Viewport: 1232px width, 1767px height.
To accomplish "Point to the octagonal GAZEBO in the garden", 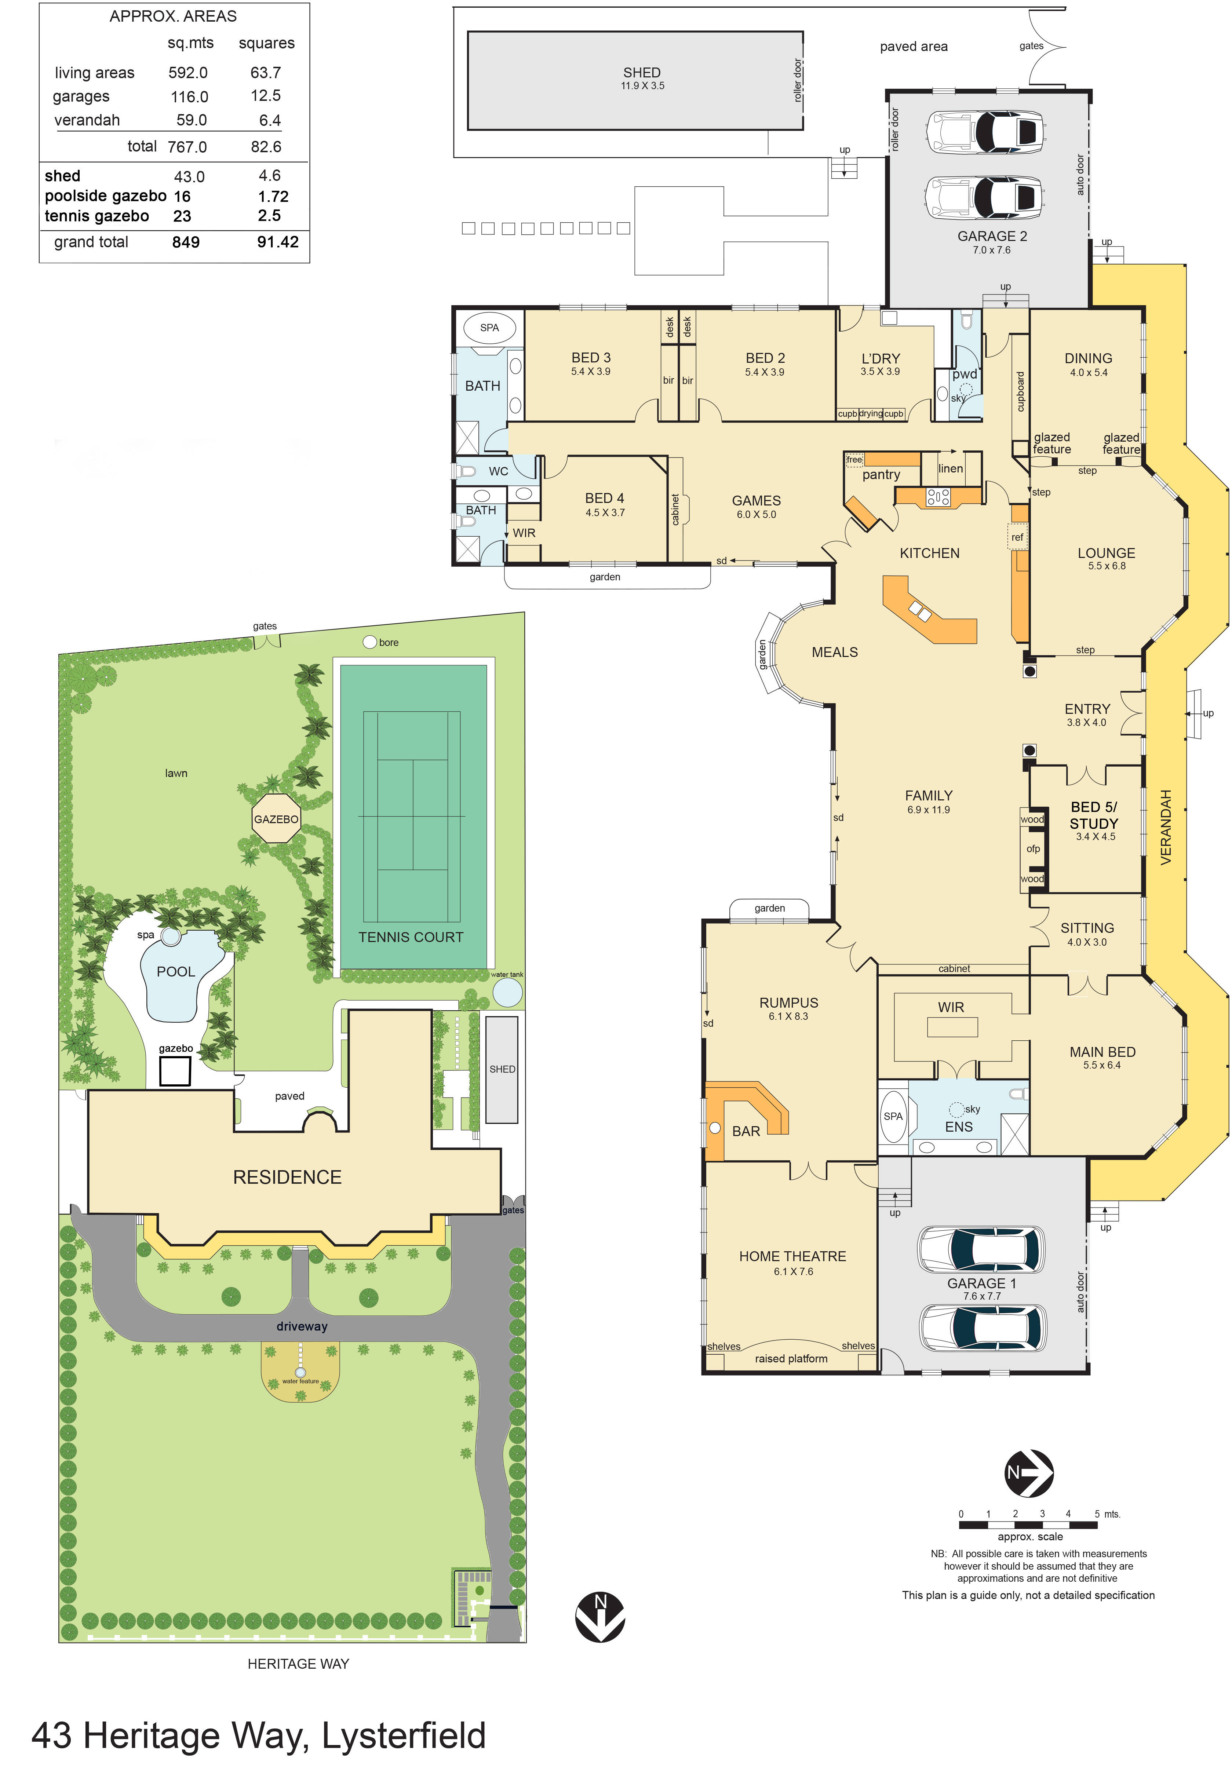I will coord(276,819).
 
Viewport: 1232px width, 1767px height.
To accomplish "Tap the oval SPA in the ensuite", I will coord(893,1117).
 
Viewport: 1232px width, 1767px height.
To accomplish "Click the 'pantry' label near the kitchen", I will coord(881,475).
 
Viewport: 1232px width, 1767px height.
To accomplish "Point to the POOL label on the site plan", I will coord(175,972).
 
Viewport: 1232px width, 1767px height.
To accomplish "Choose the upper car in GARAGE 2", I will coord(985,131).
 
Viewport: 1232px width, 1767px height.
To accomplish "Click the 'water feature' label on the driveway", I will coord(300,1381).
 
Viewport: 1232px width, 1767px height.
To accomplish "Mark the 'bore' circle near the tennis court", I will coord(369,642).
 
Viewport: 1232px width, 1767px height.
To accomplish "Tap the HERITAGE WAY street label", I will coord(298,1664).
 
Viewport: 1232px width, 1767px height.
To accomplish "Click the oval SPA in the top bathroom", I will coord(489,328).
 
